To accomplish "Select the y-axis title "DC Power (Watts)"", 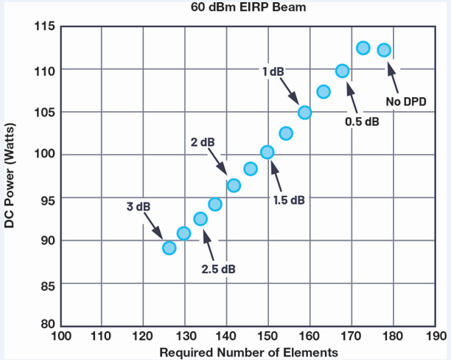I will point(10,177).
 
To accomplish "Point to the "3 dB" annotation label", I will point(138,207).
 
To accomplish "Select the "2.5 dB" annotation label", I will point(219,269).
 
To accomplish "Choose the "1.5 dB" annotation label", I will point(287,200).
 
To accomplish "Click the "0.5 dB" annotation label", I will point(362,121).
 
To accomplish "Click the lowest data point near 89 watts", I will point(169,248).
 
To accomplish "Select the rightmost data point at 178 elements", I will point(384,50).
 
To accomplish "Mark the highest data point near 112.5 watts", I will point(363,48).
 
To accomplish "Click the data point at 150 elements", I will point(268,152).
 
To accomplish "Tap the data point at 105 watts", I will point(305,113).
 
